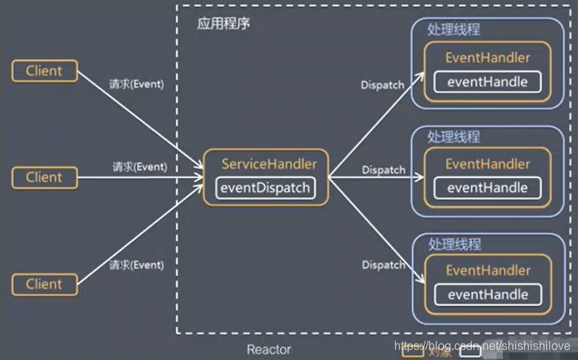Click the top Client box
[44, 71]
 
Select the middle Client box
[44, 178]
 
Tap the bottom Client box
[44, 284]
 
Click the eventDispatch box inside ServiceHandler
[265, 187]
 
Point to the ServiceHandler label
[269, 164]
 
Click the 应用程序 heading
[223, 23]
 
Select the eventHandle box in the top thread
[487, 81]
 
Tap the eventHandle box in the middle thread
[487, 187]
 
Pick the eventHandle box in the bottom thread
[487, 295]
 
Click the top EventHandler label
[488, 58]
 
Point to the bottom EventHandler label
[488, 271]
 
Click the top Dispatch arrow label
[382, 85]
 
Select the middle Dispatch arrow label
[383, 170]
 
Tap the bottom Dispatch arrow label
[383, 265]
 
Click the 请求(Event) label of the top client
[136, 84]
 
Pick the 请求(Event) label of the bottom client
[136, 264]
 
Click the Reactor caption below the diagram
[269, 349]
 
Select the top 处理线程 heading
[454, 30]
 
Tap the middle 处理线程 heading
[454, 137]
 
